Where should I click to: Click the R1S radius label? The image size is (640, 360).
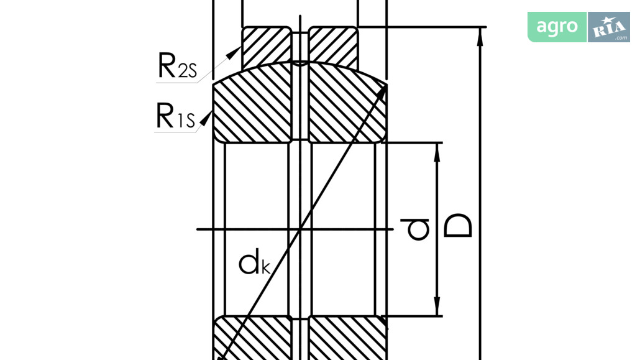point(176,116)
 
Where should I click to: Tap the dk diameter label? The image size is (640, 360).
point(254,263)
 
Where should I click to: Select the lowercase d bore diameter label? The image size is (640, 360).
point(414,229)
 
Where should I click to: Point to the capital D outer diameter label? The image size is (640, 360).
point(457,225)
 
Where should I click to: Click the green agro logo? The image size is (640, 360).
point(557,27)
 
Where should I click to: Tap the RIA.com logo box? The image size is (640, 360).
point(609,27)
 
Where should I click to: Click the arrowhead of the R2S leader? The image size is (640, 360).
point(234,53)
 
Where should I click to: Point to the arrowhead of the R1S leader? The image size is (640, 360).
point(206,119)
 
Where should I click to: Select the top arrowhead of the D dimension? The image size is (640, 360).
point(480,37)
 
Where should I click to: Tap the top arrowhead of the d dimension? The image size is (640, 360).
point(437,152)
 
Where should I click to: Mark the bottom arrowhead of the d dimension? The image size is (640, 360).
point(437,306)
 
